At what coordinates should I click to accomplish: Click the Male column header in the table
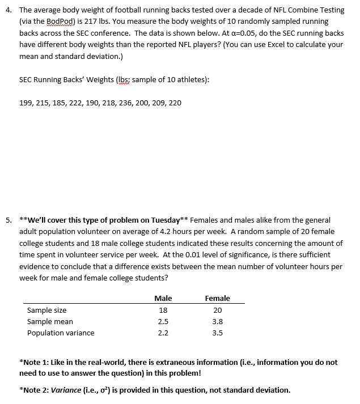pyautogui.click(x=163, y=298)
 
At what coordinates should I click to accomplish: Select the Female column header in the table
pyautogui.click(x=217, y=298)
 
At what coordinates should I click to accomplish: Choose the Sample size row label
pyautogui.click(x=47, y=310)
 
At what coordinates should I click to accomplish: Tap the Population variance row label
pyautogui.click(x=61, y=333)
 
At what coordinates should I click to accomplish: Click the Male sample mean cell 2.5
pyautogui.click(x=163, y=321)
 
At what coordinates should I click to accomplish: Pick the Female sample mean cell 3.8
pyautogui.click(x=217, y=321)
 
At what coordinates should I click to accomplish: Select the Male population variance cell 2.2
pyautogui.click(x=163, y=333)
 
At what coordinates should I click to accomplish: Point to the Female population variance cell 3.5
pyautogui.click(x=217, y=333)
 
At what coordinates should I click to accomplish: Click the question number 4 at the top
pyautogui.click(x=8, y=10)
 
